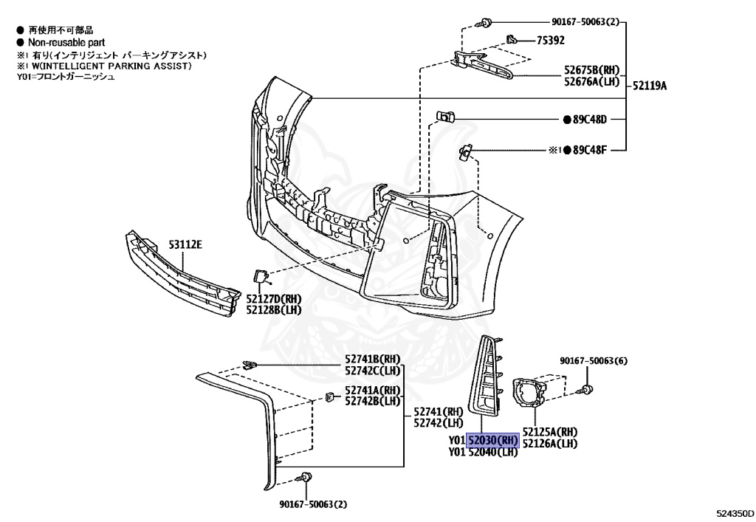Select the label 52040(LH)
click(492, 453)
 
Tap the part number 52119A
click(649, 86)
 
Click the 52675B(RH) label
click(591, 72)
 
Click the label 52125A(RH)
click(550, 432)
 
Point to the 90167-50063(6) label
click(593, 361)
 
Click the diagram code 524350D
click(735, 511)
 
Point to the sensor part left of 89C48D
click(445, 116)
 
